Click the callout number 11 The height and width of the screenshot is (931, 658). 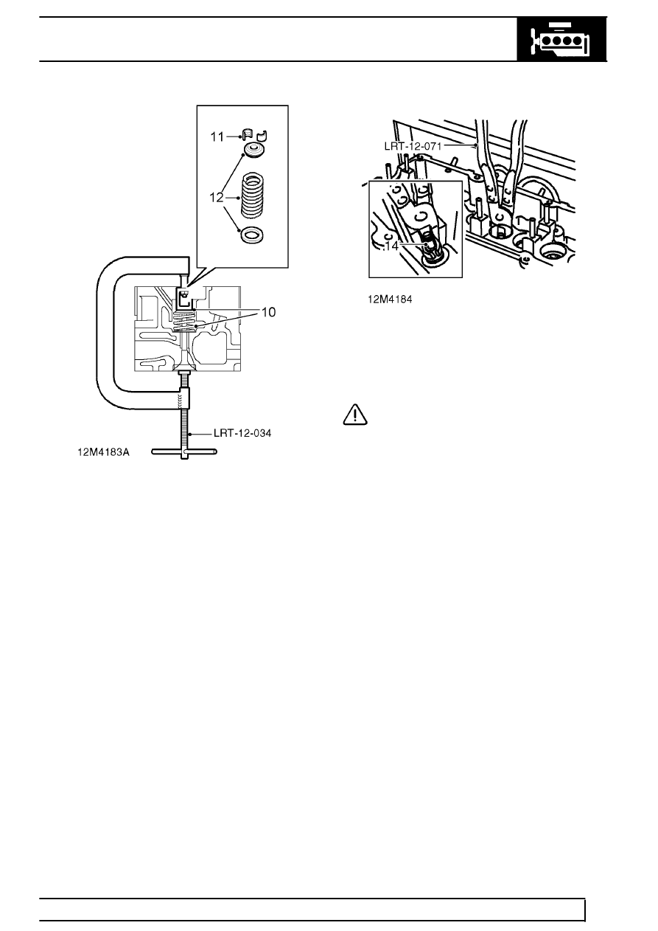pos(217,136)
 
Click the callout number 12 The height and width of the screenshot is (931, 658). pos(217,198)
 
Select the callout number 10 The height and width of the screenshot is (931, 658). pos(269,312)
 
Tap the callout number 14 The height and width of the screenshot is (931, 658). pos(391,246)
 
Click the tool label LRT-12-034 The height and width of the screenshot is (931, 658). pos(242,434)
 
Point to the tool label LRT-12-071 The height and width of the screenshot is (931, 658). pos(413,146)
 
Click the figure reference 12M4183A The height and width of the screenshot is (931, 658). pos(103,452)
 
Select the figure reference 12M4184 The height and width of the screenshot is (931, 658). pos(390,300)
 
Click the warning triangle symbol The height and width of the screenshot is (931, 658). pos(355,414)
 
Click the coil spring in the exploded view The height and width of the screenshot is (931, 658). pos(253,195)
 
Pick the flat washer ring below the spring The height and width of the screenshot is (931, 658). pos(253,235)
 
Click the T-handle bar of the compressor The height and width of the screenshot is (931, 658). pos(184,451)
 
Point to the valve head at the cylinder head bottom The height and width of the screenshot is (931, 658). pos(185,366)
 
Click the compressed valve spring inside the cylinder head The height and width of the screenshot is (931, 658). pos(185,322)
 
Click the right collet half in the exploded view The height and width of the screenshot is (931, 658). pos(262,135)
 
